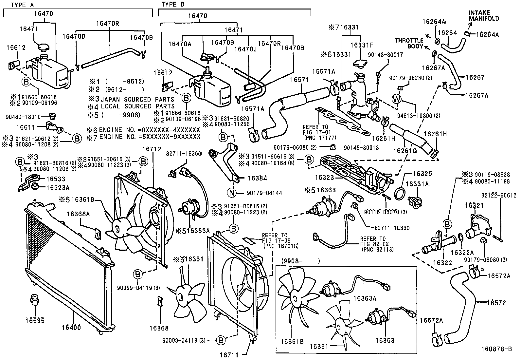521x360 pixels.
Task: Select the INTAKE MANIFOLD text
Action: pos(484,15)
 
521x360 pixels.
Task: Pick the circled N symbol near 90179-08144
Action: pos(232,193)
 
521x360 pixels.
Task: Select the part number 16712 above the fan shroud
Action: pos(151,149)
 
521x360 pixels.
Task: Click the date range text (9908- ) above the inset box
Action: pos(300,261)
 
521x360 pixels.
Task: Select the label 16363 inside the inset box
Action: pos(385,340)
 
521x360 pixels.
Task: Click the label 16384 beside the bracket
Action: pos(257,179)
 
